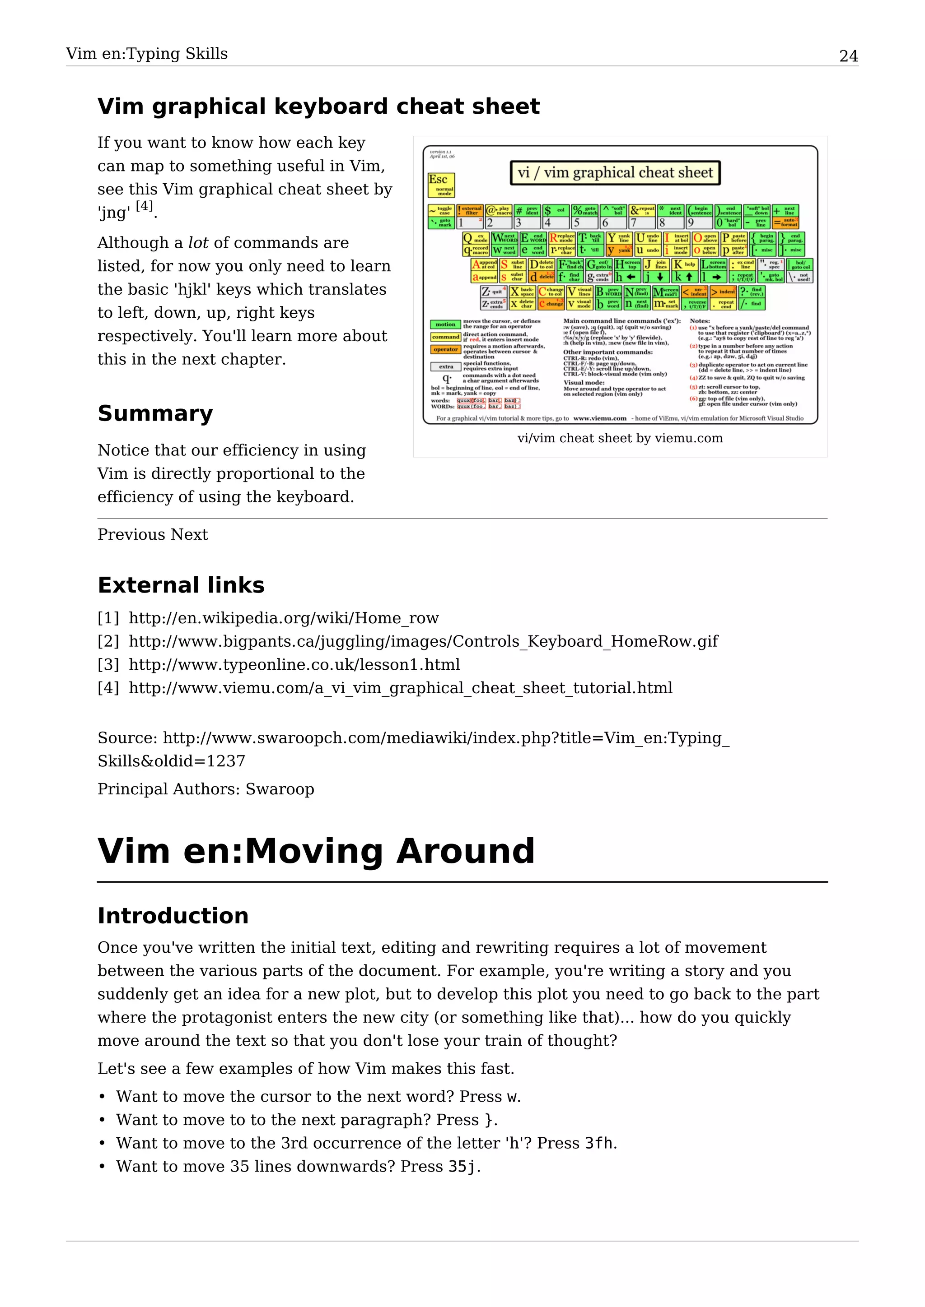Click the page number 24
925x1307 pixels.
point(848,56)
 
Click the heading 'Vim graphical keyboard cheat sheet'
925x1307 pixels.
point(318,107)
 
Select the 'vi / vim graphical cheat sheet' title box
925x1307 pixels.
point(615,172)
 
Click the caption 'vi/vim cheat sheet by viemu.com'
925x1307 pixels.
point(620,438)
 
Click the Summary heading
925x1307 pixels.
point(155,413)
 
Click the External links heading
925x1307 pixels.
point(181,585)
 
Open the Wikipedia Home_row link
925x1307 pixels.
point(284,618)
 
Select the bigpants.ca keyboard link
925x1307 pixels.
point(423,642)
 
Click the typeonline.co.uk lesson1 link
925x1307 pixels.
point(294,665)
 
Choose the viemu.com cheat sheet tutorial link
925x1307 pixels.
point(401,688)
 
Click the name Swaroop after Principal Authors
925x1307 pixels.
point(280,789)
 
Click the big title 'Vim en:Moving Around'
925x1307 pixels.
point(316,852)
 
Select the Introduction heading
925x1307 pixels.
point(173,916)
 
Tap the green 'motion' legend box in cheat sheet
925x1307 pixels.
point(445,324)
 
